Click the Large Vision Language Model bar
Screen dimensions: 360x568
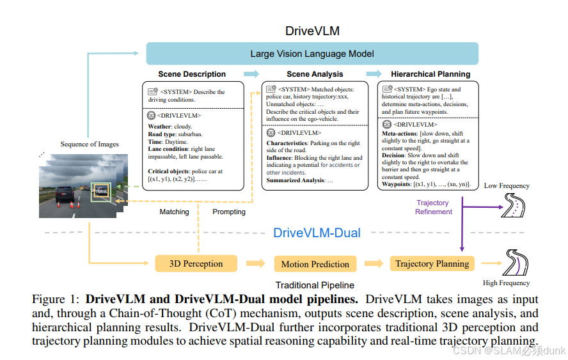312,54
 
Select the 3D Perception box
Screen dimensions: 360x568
196,263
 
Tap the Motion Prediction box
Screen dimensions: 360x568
315,264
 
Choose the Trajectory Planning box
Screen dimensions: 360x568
432,263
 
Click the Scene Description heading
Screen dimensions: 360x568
192,74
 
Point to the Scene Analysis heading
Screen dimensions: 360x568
315,74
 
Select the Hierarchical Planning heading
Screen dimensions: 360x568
430,74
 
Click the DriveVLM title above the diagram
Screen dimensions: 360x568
312,31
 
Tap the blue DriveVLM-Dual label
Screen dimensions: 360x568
317,233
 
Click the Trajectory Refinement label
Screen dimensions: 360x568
433,207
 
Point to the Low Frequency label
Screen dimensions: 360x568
507,186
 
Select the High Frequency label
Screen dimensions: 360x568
506,283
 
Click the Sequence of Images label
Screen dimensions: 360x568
90,145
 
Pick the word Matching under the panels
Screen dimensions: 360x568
174,212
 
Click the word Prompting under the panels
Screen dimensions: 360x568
229,212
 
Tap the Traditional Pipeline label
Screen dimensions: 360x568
315,285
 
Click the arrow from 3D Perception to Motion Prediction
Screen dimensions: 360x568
255,263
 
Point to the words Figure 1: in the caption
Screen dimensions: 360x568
56,299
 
